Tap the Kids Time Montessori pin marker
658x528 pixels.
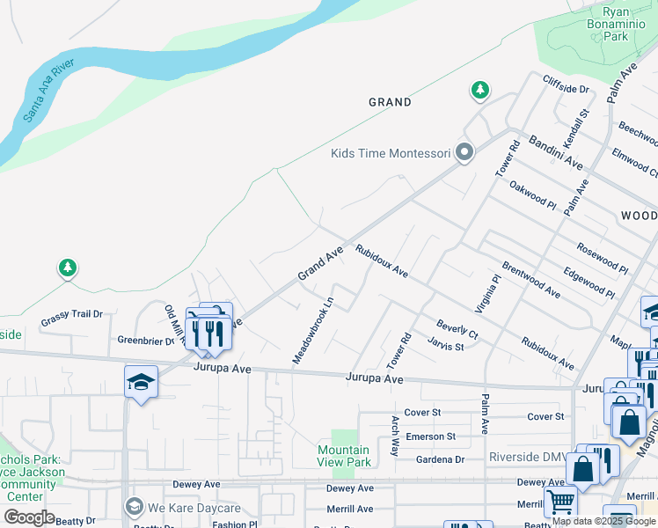(x=465, y=153)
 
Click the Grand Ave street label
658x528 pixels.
(x=319, y=264)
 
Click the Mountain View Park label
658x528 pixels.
(x=344, y=456)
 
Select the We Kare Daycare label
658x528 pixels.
(x=194, y=508)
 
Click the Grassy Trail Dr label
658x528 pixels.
(x=73, y=313)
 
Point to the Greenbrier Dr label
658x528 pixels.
(x=146, y=340)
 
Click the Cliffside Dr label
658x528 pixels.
(x=566, y=89)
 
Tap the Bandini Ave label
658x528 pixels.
(x=555, y=152)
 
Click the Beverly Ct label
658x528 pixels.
(x=457, y=329)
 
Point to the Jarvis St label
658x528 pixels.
(x=446, y=347)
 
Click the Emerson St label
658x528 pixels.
(x=431, y=436)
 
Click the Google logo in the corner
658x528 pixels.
(x=28, y=517)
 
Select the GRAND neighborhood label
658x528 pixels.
(x=390, y=102)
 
